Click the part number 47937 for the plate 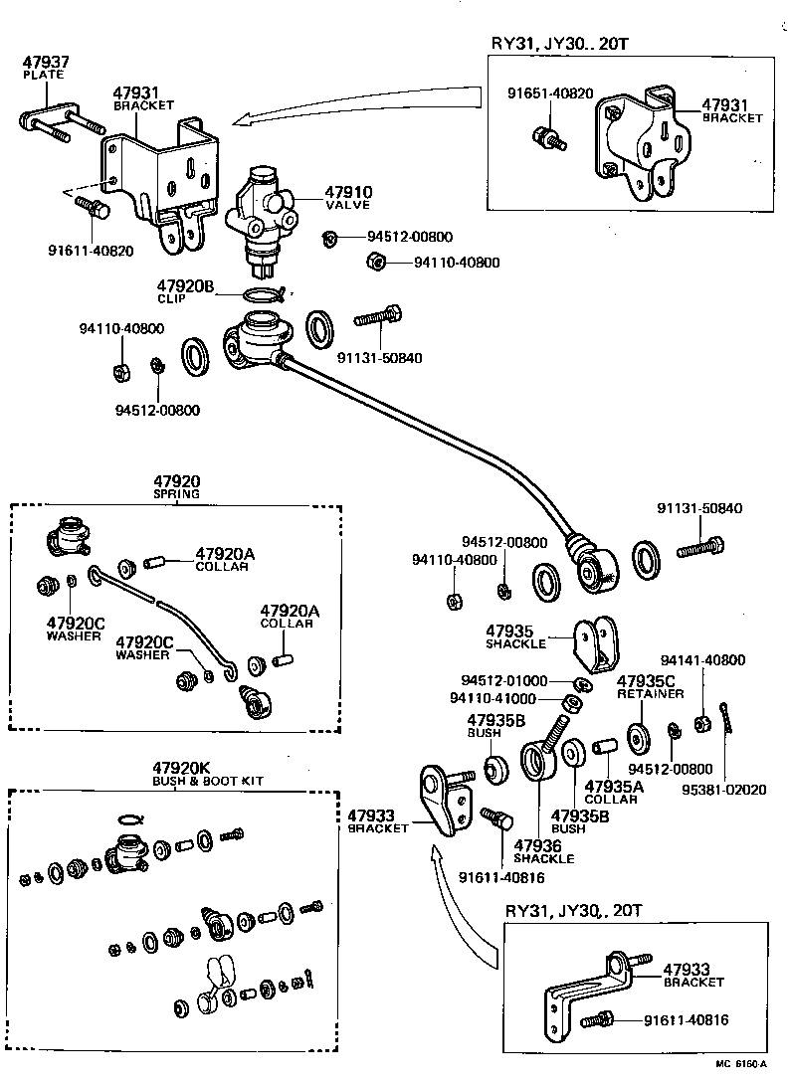pyautogui.click(x=41, y=62)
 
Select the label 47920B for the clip pyautogui.click(x=184, y=286)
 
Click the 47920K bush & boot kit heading pyautogui.click(x=181, y=768)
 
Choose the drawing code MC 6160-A pyautogui.click(x=741, y=1064)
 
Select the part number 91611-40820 pyautogui.click(x=92, y=250)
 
